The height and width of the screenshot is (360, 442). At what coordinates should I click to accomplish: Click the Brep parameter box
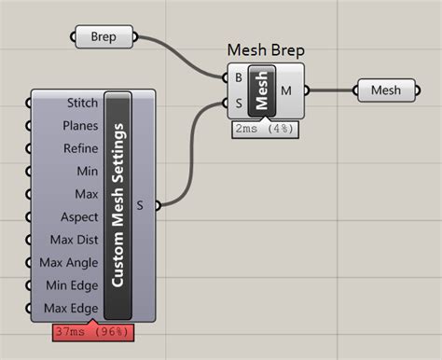coord(104,36)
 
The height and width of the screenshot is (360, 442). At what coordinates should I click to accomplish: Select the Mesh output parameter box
coord(386,90)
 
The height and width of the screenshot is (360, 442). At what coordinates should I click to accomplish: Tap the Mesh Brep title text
coord(266,50)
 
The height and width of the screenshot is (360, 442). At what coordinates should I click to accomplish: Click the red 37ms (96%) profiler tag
coord(93,332)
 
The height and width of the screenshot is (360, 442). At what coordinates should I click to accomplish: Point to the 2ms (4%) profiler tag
coord(265,129)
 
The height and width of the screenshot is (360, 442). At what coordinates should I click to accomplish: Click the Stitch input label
coord(82,103)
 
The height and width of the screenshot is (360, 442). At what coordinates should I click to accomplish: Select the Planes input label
coord(80,126)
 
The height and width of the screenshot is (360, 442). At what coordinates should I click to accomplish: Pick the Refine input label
coord(80,148)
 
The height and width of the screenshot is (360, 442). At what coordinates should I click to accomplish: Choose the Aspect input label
coord(79,217)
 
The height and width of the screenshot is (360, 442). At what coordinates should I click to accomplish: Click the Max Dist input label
coord(74,240)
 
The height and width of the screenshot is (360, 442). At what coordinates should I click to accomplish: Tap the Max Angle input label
coord(69,263)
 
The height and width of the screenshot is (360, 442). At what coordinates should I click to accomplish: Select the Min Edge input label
coord(72,285)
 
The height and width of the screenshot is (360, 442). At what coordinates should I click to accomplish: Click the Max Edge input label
coord(71,309)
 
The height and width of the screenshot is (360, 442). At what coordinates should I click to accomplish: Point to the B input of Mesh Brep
coord(239,77)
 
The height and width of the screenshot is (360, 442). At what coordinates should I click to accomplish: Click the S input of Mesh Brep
coord(239,103)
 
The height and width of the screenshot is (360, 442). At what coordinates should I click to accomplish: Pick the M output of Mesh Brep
coord(286,90)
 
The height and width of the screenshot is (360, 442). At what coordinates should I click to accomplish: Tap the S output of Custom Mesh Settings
coord(140,205)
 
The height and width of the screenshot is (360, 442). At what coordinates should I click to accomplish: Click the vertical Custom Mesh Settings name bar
coord(117,205)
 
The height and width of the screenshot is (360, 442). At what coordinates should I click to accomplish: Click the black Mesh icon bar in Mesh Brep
coord(262,90)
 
